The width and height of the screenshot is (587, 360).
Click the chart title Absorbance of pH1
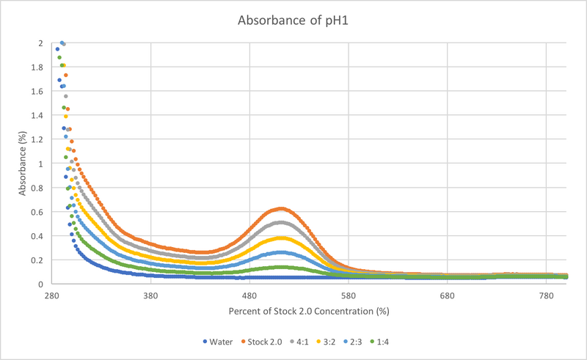pos(293,21)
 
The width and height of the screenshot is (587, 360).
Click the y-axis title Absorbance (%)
pos(23,163)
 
